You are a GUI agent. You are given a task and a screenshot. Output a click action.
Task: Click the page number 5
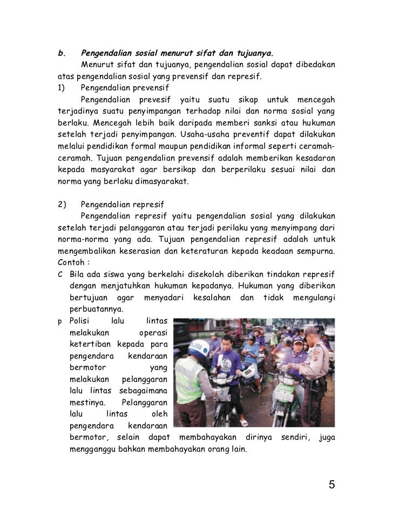tap(332, 484)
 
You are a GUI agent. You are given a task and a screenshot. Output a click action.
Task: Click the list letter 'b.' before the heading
tap(61, 54)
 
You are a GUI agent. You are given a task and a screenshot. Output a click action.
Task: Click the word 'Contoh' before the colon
tap(70, 263)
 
